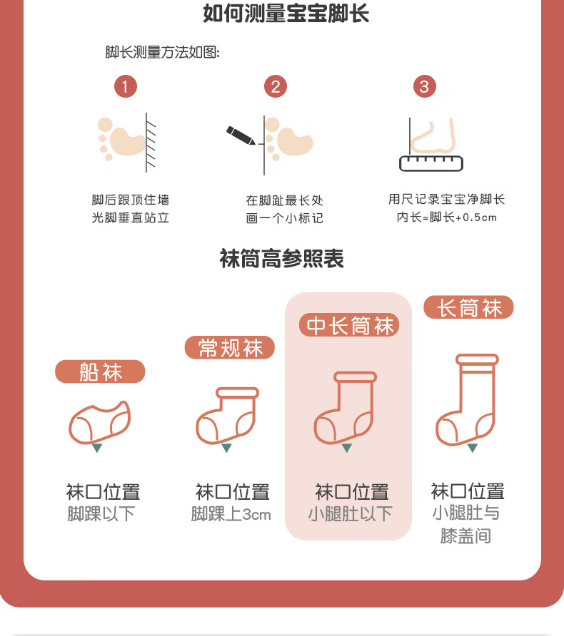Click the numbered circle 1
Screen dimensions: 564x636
pos(126,86)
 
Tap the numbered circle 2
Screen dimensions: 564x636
pos(276,86)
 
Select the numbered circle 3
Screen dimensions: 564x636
pos(424,86)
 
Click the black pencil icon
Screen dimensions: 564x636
pos(241,135)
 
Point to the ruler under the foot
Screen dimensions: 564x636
pos(431,163)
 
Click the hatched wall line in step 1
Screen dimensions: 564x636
pos(150,143)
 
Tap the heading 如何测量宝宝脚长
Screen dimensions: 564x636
pos(286,14)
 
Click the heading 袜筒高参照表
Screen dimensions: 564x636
pos(281,258)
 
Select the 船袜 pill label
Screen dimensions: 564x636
pos(100,371)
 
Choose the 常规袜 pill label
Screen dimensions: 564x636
pos(230,348)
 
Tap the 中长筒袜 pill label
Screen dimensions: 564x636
pos(349,325)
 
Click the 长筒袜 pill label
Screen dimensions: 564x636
pos(468,307)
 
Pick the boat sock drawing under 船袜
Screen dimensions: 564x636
pos(99,422)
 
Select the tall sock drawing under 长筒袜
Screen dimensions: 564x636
pos(467,400)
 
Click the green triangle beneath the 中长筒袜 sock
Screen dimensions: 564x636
pos(347,448)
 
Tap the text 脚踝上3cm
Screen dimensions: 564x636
pos(231,514)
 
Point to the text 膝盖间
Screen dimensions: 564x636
pos(465,535)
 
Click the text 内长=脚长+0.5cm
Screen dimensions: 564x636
pos(447,217)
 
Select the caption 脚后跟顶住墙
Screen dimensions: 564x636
pos(131,200)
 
